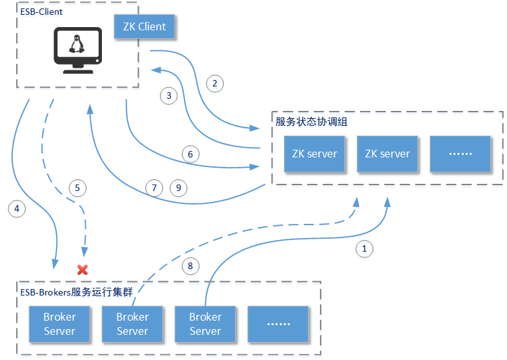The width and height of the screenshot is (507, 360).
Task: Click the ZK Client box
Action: [144, 26]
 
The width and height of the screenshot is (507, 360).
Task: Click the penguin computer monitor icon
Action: [77, 50]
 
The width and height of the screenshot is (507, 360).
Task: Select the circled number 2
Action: [215, 83]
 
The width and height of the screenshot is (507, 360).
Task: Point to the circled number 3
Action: [169, 95]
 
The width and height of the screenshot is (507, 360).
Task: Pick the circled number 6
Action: [190, 154]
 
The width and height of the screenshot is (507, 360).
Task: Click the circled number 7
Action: [155, 188]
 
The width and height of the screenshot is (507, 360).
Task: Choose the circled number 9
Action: [179, 188]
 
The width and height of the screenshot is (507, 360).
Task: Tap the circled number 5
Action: [77, 188]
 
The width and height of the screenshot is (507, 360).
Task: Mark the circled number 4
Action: [17, 208]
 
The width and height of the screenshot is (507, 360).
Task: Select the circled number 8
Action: [190, 265]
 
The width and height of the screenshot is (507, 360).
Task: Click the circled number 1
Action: [364, 248]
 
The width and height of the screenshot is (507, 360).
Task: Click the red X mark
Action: [83, 268]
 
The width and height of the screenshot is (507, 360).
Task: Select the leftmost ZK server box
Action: [314, 154]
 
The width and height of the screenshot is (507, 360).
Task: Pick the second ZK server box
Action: [387, 154]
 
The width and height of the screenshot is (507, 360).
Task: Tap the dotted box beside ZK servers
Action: [460, 154]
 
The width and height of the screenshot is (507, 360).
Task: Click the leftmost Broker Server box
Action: [59, 324]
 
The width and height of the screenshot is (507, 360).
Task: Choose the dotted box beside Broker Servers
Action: [278, 324]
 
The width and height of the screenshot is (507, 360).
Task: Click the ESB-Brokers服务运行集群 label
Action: [76, 292]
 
